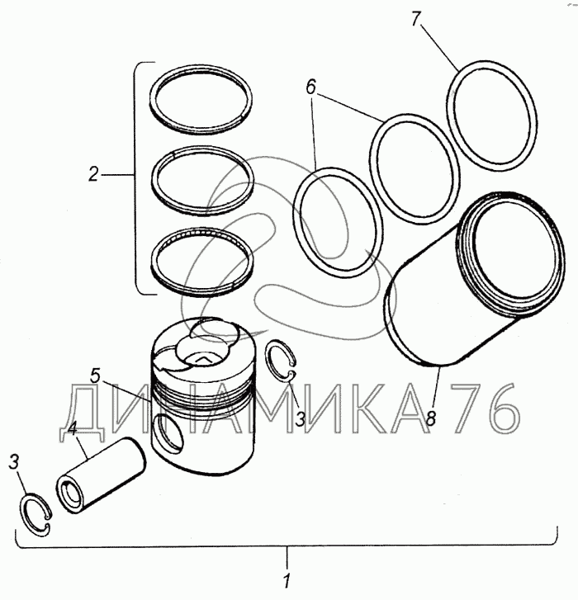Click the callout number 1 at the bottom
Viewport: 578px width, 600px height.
(288, 581)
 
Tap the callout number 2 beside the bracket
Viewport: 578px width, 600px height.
(94, 174)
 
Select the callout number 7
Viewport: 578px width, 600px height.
(416, 19)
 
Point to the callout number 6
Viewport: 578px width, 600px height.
(310, 87)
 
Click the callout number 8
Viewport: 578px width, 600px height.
(431, 418)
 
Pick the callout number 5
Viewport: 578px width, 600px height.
(95, 376)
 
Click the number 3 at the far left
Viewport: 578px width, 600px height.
(14, 462)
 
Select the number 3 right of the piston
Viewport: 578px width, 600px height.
(300, 419)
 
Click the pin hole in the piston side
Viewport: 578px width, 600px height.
(168, 432)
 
